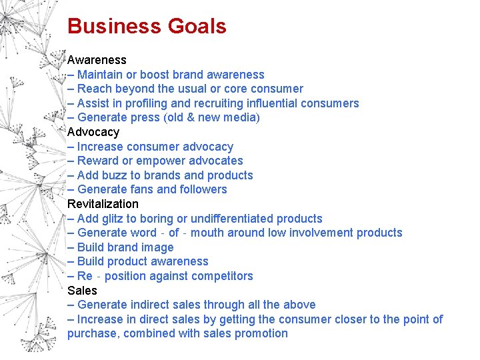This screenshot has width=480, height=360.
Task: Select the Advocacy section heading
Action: tap(93, 132)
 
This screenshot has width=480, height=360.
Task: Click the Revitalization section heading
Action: tap(103, 204)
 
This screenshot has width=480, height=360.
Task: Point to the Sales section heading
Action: tap(82, 291)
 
